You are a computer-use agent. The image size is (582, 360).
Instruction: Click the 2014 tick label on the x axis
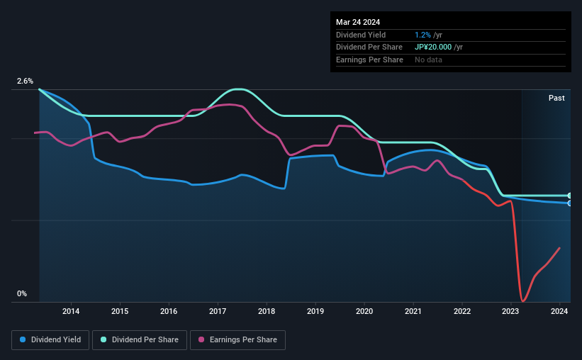coord(71,311)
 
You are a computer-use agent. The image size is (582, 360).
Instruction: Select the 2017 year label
coord(218,311)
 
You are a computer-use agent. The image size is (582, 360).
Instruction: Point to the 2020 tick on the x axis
coord(364,311)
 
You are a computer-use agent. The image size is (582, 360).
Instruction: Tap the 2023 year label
coord(510,311)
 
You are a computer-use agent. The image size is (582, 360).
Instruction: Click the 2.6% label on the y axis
coord(25,81)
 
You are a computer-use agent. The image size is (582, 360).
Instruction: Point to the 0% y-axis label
coord(22,293)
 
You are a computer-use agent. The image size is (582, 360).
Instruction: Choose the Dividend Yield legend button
coord(50,340)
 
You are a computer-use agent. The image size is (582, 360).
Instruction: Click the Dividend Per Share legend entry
coord(140,340)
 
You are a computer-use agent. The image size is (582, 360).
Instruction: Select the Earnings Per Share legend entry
coord(237,340)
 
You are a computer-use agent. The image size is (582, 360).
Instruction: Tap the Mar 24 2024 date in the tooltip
coord(358,22)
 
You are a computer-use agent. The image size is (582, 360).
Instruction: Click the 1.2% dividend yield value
coord(422,35)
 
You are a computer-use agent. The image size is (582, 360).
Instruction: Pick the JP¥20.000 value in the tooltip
coord(433,47)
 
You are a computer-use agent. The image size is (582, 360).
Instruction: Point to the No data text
coord(428,60)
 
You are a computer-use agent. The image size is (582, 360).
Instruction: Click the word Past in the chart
coord(556,98)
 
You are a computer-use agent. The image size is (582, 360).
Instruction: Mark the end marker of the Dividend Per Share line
coord(570,196)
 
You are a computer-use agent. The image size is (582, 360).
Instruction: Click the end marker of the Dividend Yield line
coord(570,203)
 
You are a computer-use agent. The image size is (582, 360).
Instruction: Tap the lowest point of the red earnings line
coord(522,301)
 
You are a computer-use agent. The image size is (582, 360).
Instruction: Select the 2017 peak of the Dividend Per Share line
coord(237,89)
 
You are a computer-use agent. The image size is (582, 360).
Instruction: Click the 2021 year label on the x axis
coord(413,311)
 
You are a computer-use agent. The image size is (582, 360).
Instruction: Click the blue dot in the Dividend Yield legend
coord(23,339)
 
